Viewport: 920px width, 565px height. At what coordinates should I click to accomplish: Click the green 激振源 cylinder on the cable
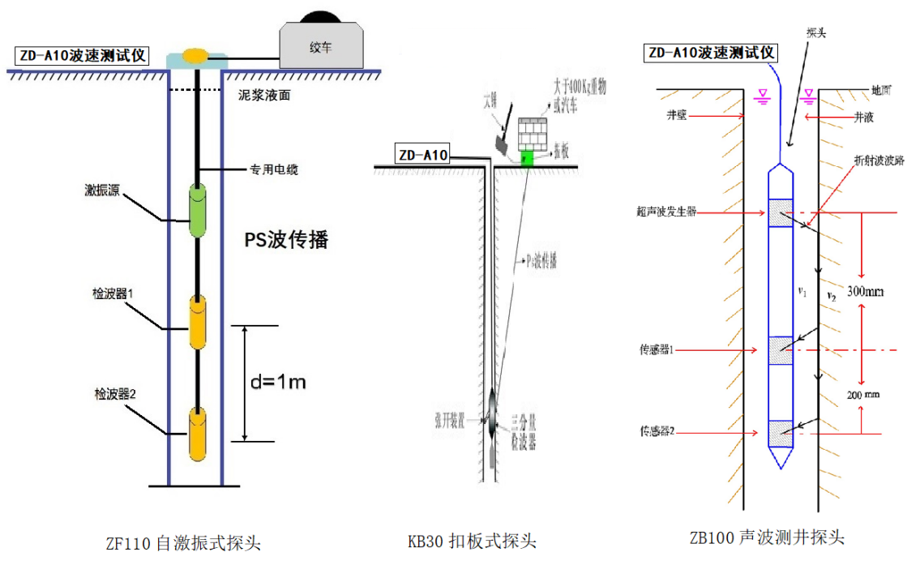(197, 210)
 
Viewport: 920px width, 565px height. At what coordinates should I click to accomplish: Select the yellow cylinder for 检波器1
(198, 322)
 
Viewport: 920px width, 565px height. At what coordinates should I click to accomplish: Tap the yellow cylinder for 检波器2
(198, 431)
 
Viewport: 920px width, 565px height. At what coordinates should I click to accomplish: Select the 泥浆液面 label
(264, 95)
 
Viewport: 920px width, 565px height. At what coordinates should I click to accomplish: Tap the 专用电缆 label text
(272, 170)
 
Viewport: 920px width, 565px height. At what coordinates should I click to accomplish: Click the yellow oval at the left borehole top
(195, 55)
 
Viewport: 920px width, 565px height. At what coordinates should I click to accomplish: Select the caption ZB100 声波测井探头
(767, 537)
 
